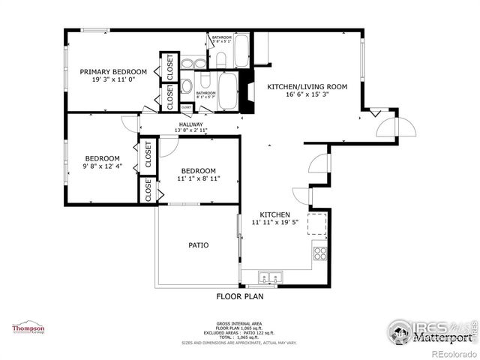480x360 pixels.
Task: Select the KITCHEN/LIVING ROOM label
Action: [x=307, y=87]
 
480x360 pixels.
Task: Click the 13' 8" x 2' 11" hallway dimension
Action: [x=190, y=131]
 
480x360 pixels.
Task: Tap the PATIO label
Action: [x=198, y=245]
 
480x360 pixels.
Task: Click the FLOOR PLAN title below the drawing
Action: [x=240, y=296]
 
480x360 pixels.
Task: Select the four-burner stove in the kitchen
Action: [x=319, y=253]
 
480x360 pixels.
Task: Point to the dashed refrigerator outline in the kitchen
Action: [x=318, y=223]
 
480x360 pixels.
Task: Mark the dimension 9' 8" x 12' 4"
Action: [x=102, y=166]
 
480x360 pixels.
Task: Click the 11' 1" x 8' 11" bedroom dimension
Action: [x=198, y=179]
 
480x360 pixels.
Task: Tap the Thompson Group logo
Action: [x=28, y=329]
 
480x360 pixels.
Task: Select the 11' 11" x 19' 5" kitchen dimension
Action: [x=274, y=222]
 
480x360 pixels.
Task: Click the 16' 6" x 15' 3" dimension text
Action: [x=307, y=95]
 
